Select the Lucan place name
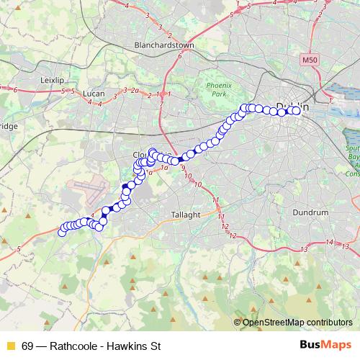pos(94,94)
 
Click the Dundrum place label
pos(311,212)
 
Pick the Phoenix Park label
pos(217,89)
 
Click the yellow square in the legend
pos(10,345)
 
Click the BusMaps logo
pos(325,344)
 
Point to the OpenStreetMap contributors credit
pos(297,322)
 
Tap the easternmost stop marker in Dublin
pos(296,111)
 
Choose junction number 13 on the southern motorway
pos(305,248)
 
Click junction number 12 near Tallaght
pos(232,236)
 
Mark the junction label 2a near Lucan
pos(134,91)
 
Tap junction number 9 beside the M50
pos(184,168)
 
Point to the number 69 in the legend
pos(27,345)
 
